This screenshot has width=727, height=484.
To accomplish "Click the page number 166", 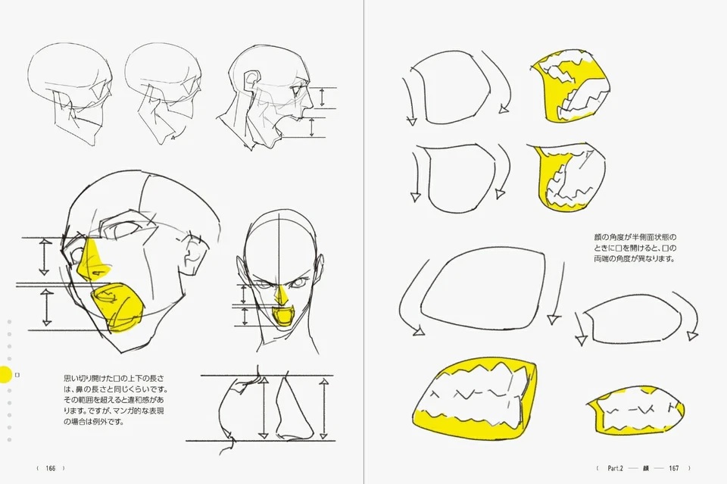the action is tap(51, 468).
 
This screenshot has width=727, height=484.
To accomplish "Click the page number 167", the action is tap(674, 468).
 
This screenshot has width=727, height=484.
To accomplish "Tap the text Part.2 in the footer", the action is tap(616, 468).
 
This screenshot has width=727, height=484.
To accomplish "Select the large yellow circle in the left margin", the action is tap(5, 374).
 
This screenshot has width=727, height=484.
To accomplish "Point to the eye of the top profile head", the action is tap(296, 89).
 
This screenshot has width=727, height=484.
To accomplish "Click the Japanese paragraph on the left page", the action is tap(115, 400).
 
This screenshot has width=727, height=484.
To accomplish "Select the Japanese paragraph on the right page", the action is tap(635, 248).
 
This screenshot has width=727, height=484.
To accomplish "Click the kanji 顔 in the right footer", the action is tap(646, 468).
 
